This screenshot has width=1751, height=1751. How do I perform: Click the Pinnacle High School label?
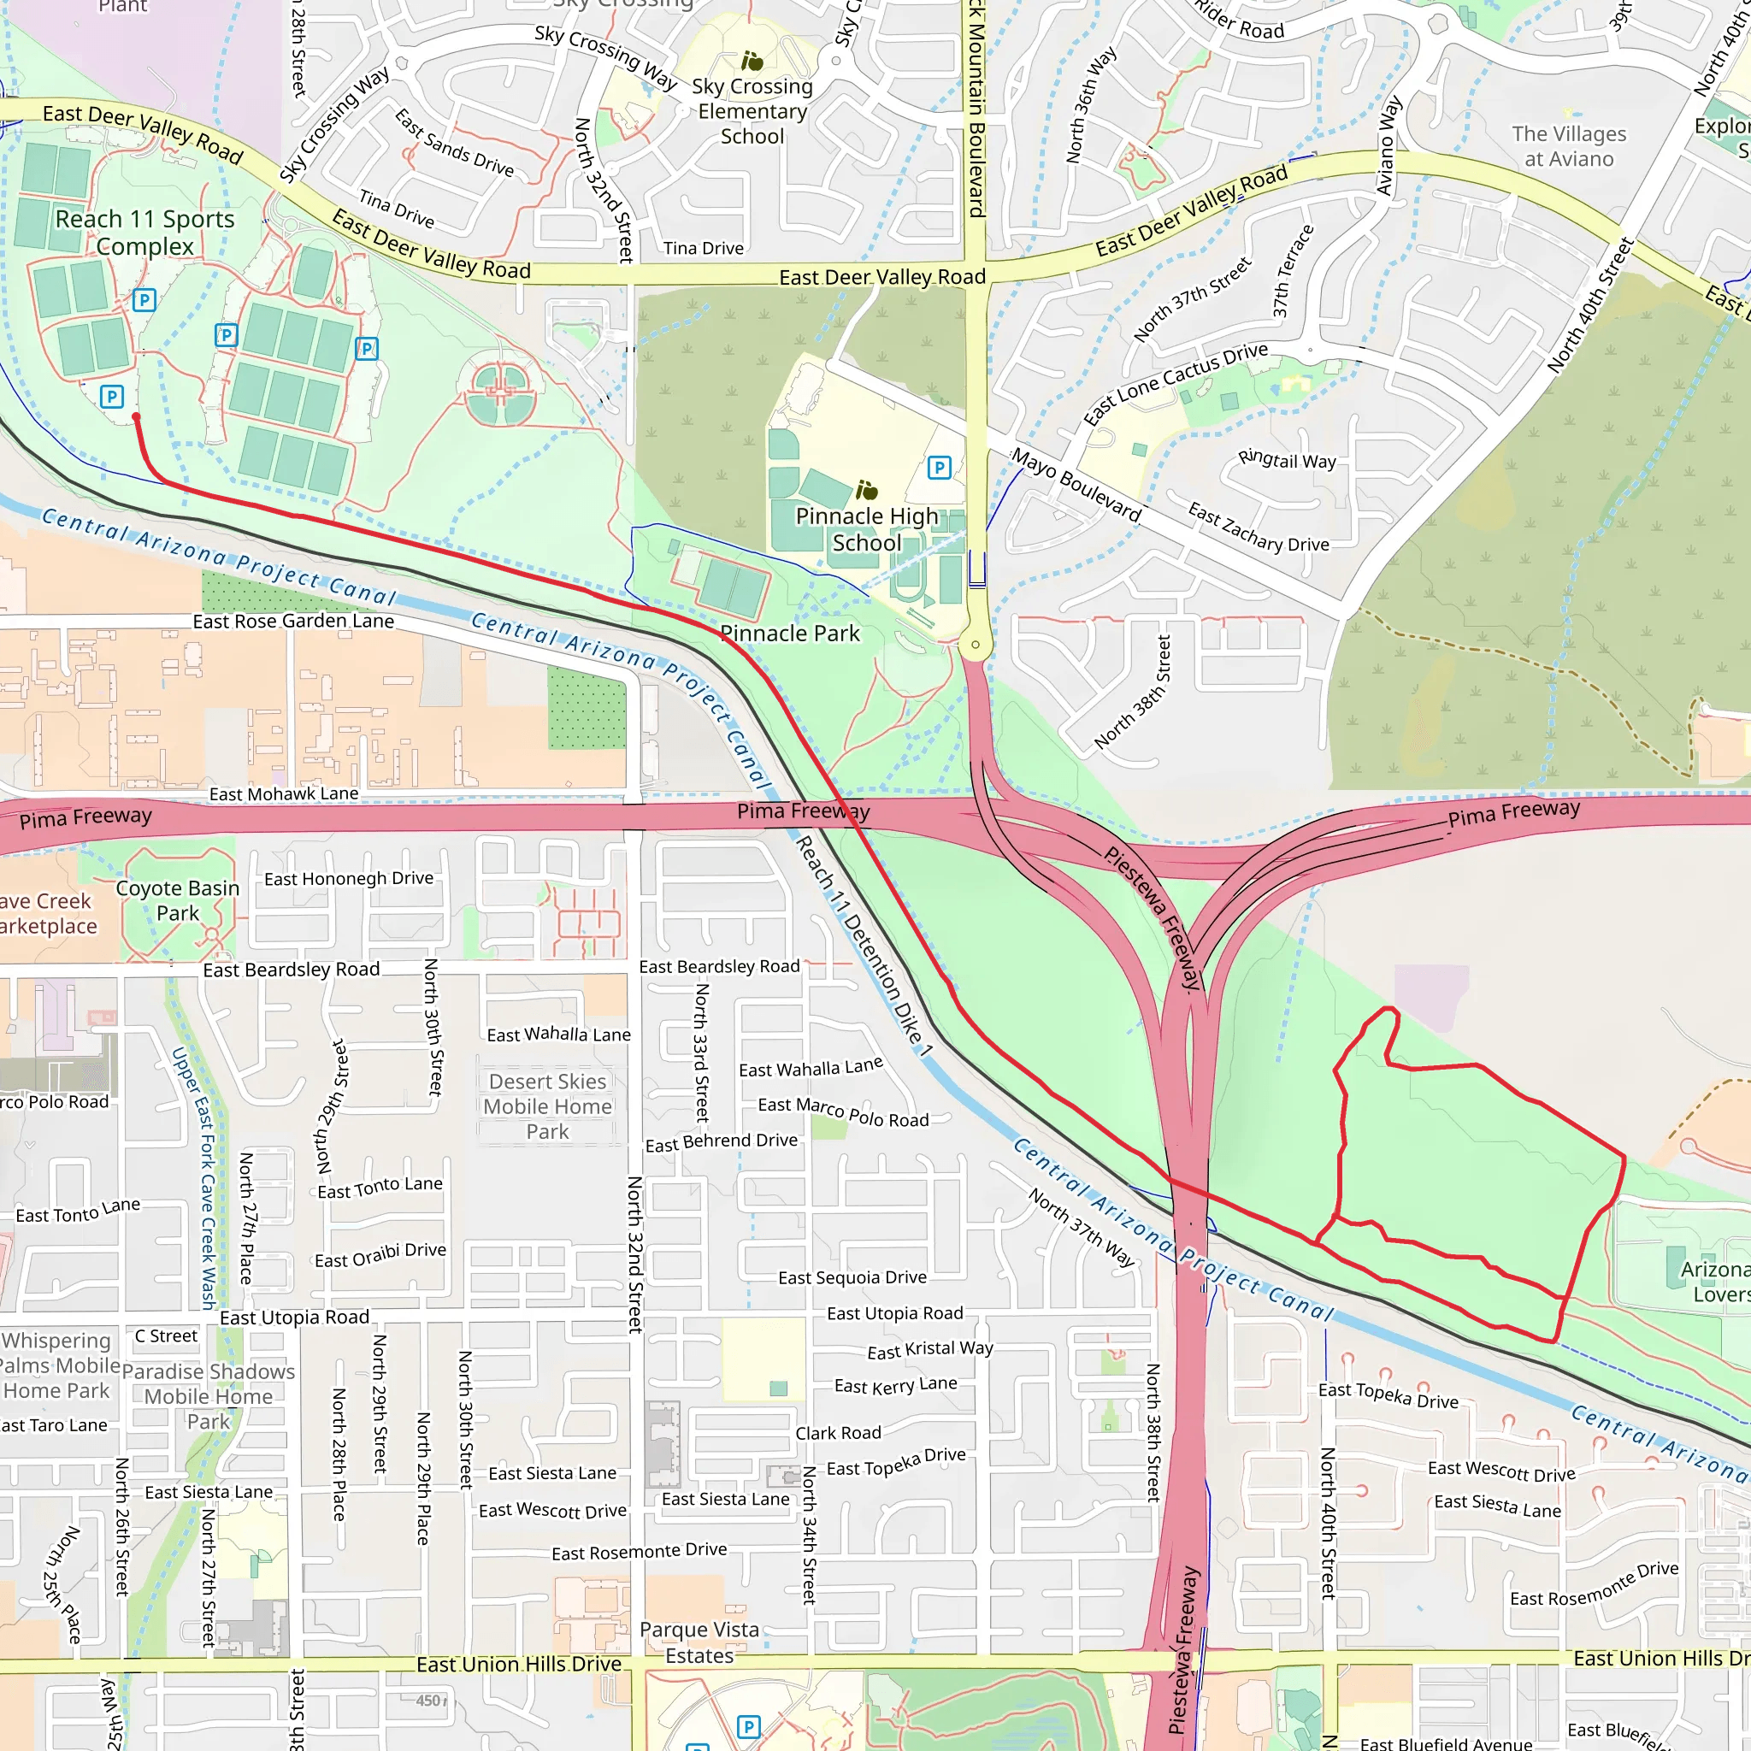[x=866, y=529]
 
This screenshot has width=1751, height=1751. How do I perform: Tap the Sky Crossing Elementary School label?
[x=752, y=111]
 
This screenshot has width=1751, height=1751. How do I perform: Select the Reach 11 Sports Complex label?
[x=144, y=232]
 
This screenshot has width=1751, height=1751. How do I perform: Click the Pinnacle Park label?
[x=789, y=634]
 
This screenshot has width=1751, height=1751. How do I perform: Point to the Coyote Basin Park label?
[x=178, y=900]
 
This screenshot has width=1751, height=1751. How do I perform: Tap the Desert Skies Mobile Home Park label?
[x=547, y=1105]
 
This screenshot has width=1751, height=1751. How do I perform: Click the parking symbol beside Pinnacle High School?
[x=939, y=468]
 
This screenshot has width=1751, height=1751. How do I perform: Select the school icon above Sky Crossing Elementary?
[x=752, y=61]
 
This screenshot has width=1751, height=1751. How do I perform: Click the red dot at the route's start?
[x=136, y=417]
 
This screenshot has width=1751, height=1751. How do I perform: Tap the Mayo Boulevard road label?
[x=1076, y=484]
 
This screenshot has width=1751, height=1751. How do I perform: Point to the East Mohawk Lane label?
[x=284, y=794]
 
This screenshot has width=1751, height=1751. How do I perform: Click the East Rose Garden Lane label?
[x=292, y=621]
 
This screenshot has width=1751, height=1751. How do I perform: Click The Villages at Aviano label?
[x=1568, y=146]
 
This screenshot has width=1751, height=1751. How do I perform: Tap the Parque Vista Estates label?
[x=699, y=1642]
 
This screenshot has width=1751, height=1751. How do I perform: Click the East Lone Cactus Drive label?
[x=1176, y=382]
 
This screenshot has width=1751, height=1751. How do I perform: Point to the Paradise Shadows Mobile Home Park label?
[x=209, y=1395]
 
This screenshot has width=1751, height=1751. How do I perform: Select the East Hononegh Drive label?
[x=349, y=878]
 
